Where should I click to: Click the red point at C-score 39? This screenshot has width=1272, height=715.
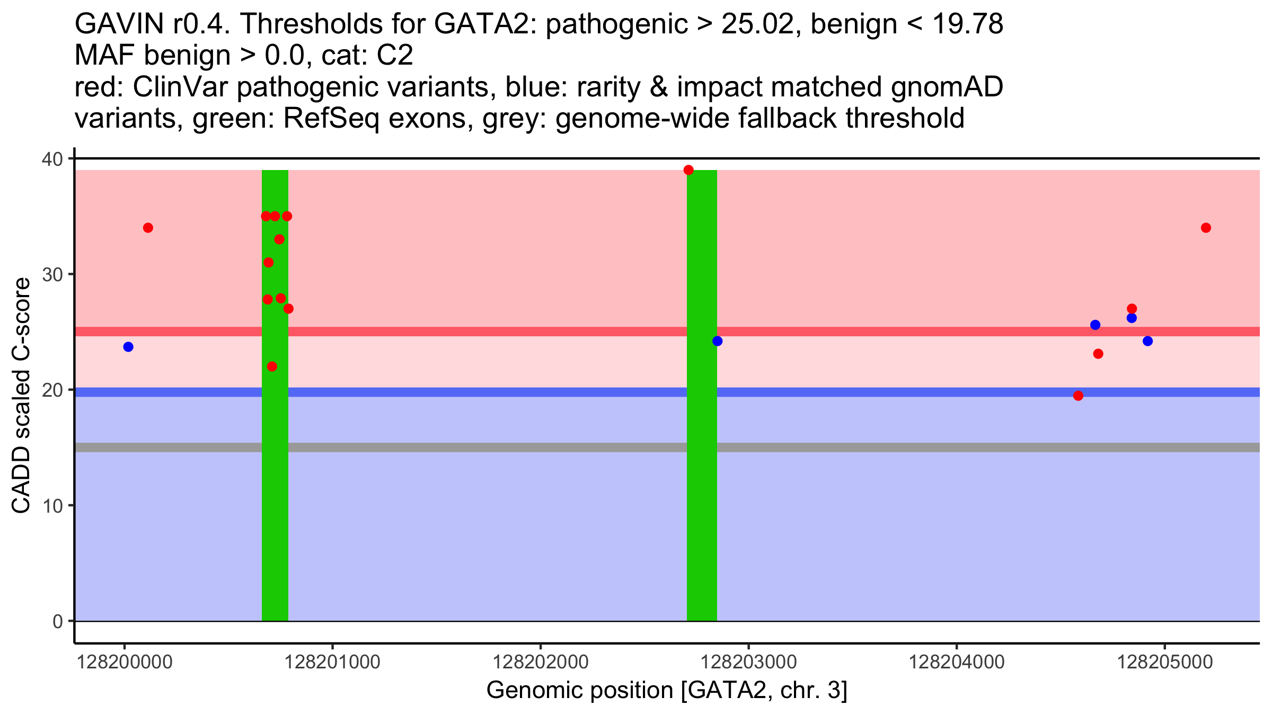(688, 170)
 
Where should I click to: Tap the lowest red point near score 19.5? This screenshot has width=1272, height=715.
(1078, 396)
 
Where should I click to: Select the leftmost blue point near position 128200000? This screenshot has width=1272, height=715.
(128, 347)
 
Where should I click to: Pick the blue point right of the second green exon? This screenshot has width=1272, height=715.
(718, 341)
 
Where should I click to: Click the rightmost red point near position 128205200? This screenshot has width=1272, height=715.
(1206, 228)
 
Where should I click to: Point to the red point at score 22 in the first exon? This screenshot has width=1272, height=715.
(272, 367)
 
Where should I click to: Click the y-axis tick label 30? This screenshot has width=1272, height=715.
(52, 274)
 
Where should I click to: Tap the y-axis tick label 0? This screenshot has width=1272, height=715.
(58, 621)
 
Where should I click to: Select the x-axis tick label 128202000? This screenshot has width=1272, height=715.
(541, 663)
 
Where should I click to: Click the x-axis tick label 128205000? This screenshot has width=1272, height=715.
(1165, 663)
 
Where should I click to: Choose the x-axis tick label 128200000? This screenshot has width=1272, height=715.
(125, 663)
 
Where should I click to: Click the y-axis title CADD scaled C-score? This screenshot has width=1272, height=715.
(21, 396)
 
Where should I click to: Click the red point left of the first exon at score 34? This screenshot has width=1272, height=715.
(148, 228)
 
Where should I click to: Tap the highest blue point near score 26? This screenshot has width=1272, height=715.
(1132, 318)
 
